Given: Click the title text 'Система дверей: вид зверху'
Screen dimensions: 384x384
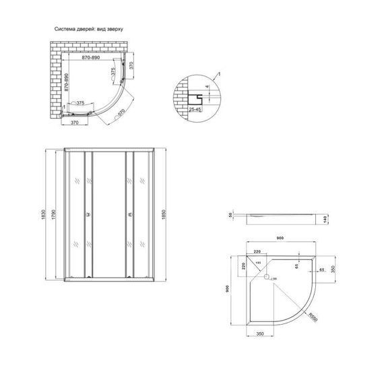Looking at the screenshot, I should (88, 30).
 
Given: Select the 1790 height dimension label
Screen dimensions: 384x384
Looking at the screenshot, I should (55, 214).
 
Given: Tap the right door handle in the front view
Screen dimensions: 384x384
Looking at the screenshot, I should (126, 215).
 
